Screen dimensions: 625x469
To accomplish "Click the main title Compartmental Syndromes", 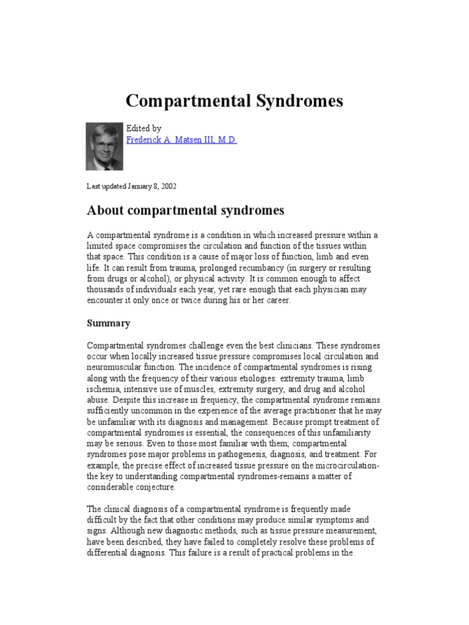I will tap(234, 101).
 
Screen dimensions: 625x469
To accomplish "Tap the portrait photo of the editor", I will tap(104, 146).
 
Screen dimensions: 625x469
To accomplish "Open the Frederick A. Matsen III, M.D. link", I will tap(181, 140).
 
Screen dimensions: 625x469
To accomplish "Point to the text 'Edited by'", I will tap(144, 128).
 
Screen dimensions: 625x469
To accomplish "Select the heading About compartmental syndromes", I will tap(186, 211).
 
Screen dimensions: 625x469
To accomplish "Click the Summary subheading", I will tap(109, 323).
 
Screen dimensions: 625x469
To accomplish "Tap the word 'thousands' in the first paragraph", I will tap(106, 291).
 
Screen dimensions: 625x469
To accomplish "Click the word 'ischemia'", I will tap(104, 389).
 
